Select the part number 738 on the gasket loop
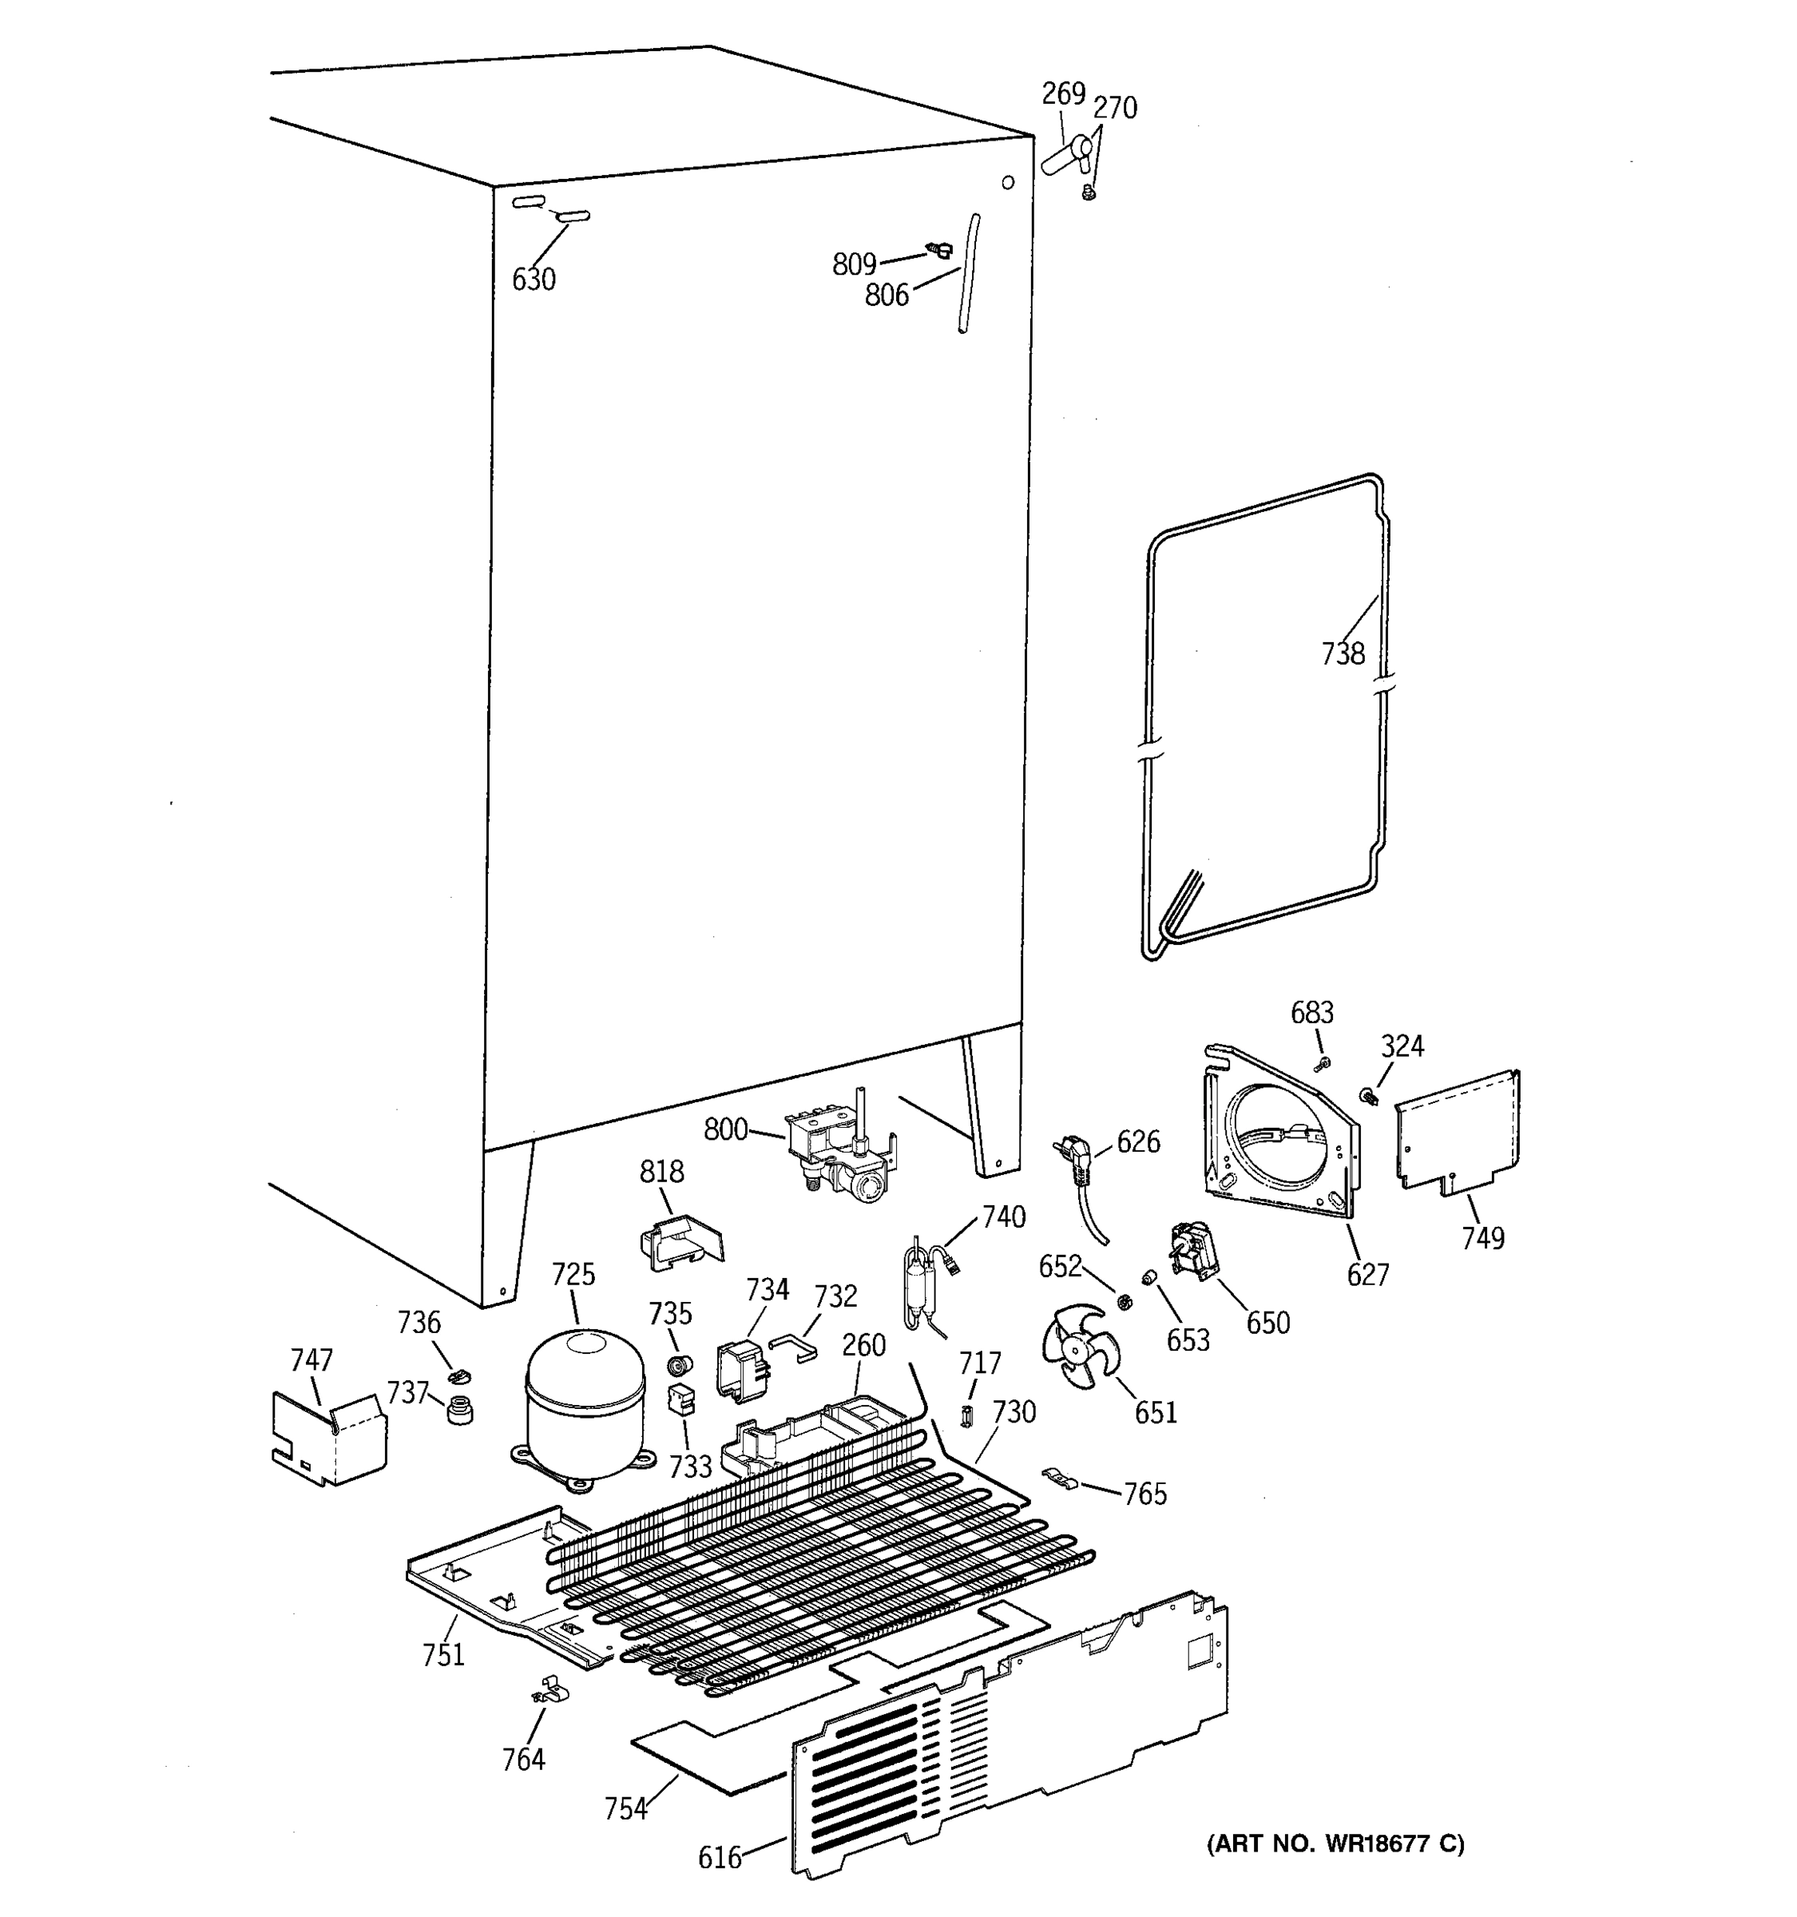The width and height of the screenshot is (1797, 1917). pos(1343,654)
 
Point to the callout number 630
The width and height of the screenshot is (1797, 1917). pos(534,280)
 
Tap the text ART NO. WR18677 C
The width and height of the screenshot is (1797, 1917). pos(1335,1844)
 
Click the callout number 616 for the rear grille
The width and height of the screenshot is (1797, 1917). pos(720,1856)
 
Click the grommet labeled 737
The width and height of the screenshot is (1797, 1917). pos(462,1409)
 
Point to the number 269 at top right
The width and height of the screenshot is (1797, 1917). pos(1063,93)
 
